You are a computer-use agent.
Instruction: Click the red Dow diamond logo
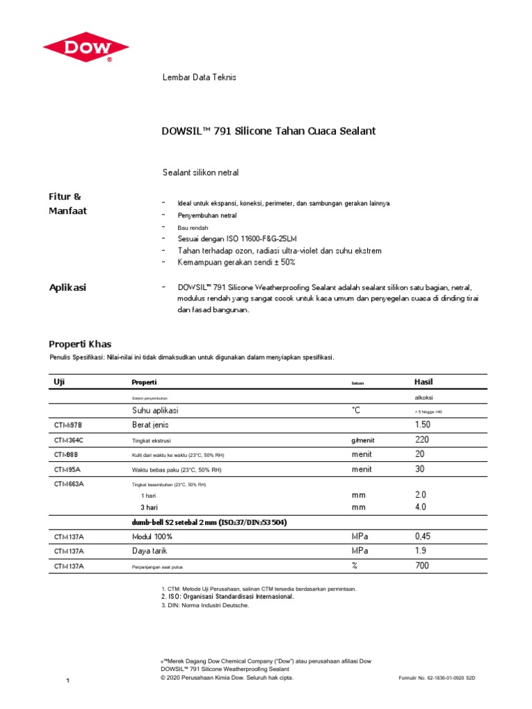click(x=86, y=46)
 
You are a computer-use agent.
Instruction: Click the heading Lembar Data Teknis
click(x=199, y=77)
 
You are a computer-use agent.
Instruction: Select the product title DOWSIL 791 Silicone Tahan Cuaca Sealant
click(x=268, y=131)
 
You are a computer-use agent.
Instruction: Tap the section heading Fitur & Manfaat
click(x=67, y=204)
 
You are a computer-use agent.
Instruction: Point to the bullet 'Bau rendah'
click(x=193, y=227)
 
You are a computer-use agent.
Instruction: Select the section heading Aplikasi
click(x=67, y=287)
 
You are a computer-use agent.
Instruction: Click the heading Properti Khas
click(x=79, y=344)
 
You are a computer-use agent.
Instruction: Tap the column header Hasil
click(x=423, y=382)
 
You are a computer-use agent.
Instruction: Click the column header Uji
click(x=59, y=382)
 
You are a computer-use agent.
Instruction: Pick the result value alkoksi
click(x=425, y=398)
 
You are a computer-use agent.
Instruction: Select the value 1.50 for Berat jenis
click(x=423, y=424)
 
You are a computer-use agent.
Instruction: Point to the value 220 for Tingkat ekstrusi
click(x=422, y=440)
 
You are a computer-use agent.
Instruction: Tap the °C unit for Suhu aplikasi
click(x=356, y=411)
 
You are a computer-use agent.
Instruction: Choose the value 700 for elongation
click(x=422, y=566)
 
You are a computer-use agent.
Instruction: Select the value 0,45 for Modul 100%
click(x=423, y=537)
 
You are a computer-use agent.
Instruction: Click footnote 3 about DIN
click(x=204, y=605)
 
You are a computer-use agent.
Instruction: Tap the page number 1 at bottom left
click(x=68, y=683)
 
